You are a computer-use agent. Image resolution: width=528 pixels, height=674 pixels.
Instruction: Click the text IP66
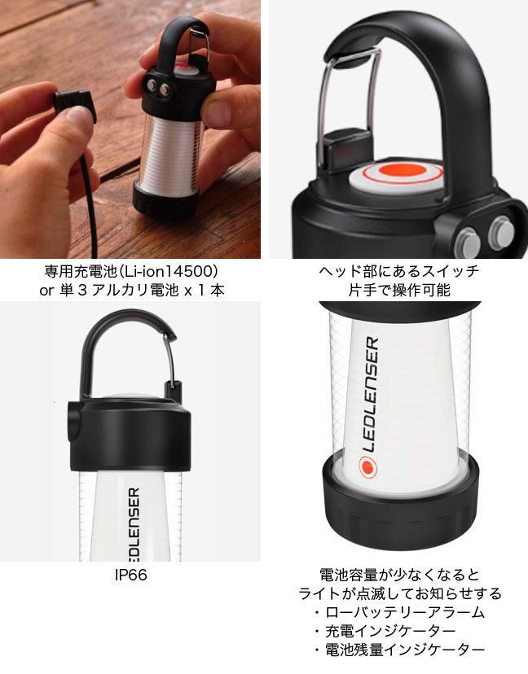(132, 576)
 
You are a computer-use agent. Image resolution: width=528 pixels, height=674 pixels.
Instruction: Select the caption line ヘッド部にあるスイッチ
(399, 271)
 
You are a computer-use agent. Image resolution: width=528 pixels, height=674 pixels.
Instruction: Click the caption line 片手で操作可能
(398, 290)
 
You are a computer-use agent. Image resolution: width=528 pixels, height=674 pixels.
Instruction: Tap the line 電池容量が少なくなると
(398, 575)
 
